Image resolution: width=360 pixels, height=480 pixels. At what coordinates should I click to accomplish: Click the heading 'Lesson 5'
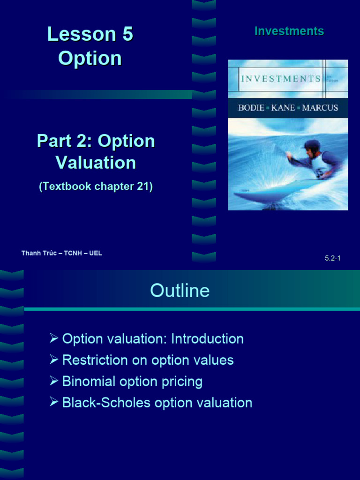90,34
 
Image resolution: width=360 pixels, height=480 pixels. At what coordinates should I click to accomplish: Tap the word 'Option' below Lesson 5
90,58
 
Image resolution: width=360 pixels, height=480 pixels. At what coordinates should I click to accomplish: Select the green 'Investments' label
289,31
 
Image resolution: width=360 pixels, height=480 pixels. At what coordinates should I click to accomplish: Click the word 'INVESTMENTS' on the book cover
281,79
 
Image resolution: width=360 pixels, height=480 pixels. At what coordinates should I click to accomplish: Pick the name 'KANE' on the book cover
283,108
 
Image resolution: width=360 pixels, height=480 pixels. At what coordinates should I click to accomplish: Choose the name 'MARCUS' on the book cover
320,108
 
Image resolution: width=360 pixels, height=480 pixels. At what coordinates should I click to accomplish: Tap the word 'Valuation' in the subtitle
96,163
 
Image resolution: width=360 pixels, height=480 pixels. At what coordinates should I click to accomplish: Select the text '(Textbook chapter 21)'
96,186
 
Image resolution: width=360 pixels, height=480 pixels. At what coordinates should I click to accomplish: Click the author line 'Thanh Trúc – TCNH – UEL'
61,253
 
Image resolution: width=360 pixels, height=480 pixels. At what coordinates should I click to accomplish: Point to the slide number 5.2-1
332,258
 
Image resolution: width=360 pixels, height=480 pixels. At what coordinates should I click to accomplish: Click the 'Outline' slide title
180,291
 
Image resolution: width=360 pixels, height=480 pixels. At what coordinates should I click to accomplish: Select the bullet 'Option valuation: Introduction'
153,339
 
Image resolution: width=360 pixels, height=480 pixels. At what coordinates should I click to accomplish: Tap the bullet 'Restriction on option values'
148,360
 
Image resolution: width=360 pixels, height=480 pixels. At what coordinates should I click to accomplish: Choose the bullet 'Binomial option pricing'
132,382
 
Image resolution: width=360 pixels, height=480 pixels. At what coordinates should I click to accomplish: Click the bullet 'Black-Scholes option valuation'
157,403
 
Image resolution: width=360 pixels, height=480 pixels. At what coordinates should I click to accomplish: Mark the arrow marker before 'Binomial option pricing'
53,382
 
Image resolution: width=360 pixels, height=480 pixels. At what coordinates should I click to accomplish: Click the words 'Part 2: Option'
96,141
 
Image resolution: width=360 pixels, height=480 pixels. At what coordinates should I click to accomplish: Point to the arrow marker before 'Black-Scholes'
53,403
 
